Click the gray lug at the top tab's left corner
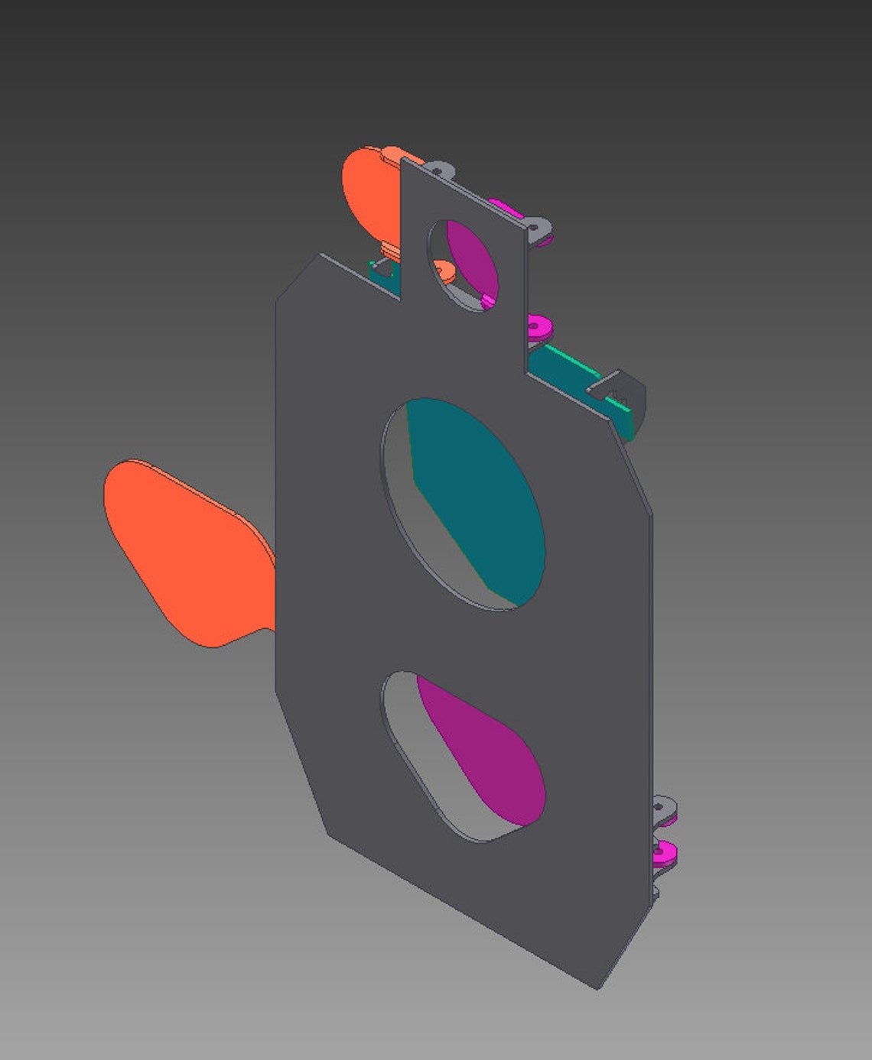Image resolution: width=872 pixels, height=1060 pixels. pyautogui.click(x=438, y=169)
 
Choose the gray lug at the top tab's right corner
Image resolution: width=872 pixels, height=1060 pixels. pyautogui.click(x=538, y=227)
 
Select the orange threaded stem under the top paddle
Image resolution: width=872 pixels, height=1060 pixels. pyautogui.click(x=390, y=247)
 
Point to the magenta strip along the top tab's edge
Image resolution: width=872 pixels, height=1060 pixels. pyautogui.click(x=505, y=206)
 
